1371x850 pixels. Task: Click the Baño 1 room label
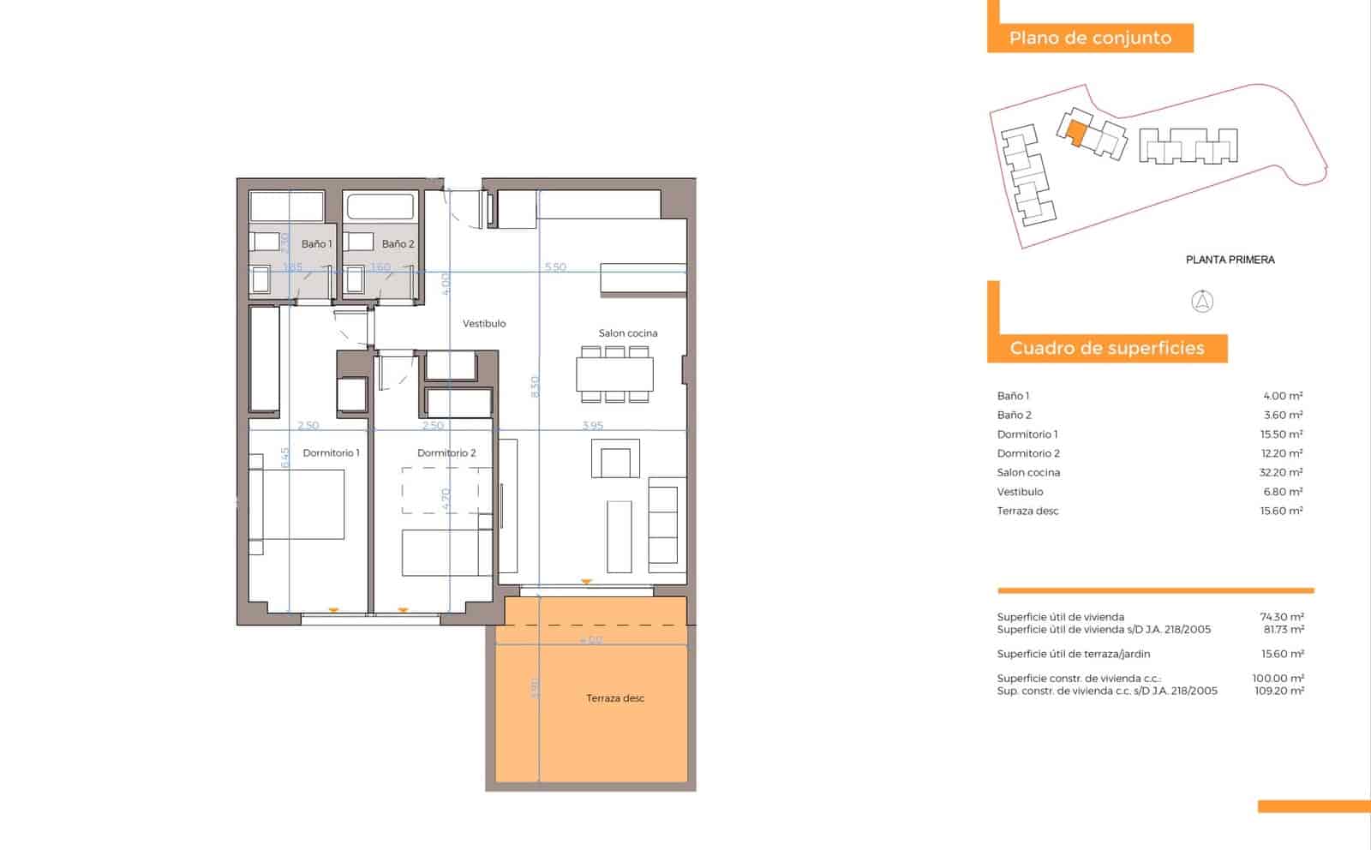pos(316,244)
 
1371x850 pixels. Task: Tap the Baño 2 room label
pos(398,244)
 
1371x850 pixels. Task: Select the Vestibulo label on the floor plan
pos(484,324)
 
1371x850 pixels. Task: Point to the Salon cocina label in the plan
pos(628,333)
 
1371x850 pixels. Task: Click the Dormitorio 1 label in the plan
pos(331,453)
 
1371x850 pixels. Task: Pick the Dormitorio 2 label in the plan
pos(446,453)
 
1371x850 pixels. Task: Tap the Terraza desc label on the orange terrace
pos(615,698)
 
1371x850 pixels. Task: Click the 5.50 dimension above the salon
pos(555,267)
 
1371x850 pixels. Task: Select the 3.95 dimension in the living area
pos(592,426)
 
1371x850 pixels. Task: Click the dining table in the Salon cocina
pos(614,374)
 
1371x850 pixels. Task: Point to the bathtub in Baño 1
pos(286,207)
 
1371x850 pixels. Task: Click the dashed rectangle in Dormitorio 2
pos(440,490)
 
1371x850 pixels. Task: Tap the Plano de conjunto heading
pos(1090,38)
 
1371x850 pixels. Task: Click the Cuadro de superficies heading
pos(1106,348)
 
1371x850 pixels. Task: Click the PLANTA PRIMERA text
pos(1230,260)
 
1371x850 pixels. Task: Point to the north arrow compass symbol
pos(1203,302)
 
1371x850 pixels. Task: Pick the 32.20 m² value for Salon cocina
pos(1281,473)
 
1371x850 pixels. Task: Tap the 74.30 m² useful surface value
pos(1281,617)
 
